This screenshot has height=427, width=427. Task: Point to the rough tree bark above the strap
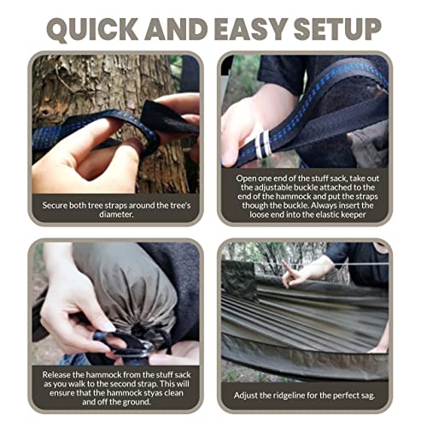pos(94,85)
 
